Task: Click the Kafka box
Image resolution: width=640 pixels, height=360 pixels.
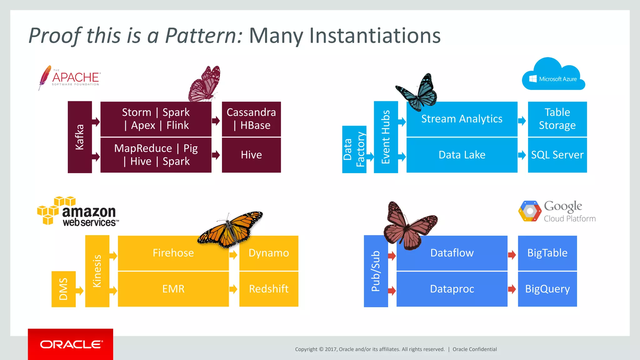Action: pos(80,137)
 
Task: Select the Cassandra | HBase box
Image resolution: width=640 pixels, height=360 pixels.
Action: pos(251,119)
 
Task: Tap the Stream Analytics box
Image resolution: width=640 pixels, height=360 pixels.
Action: pos(462,119)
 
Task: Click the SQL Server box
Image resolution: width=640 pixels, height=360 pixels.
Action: pos(557,155)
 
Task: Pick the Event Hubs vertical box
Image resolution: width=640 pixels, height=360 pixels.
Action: pos(386,137)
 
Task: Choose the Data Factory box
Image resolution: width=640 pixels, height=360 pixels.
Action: pos(354,149)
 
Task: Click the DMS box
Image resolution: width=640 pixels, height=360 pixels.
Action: pos(63,289)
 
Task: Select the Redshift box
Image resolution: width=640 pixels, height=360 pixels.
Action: pos(269,289)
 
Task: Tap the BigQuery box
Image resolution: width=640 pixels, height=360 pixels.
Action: pos(547,289)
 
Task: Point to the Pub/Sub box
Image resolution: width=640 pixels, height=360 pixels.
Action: pos(376,271)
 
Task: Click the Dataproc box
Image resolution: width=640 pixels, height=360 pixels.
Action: pos(452,289)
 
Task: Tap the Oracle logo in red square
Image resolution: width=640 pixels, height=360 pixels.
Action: pos(71,344)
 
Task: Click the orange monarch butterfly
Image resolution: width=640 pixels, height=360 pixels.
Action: pos(231,230)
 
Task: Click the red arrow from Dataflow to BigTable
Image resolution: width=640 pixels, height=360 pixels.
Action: pos(512,255)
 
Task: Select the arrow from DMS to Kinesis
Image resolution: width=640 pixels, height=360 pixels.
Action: pos(80,291)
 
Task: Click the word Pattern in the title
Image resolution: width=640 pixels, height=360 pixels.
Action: pos(203,36)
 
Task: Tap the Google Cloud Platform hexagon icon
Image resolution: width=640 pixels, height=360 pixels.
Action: pos(530,211)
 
